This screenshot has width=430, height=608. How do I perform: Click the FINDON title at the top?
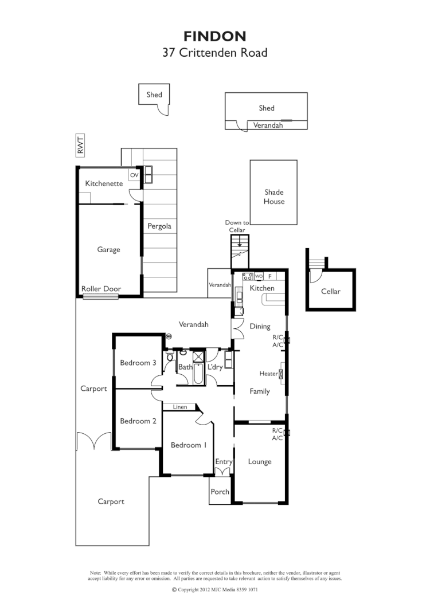(x=215, y=37)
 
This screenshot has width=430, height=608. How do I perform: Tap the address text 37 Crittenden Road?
(x=215, y=53)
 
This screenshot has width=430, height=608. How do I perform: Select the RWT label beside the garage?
(x=80, y=145)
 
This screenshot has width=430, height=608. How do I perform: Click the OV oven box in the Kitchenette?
(x=134, y=175)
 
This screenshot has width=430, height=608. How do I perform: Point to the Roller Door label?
(x=101, y=289)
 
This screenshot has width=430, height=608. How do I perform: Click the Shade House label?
(x=273, y=197)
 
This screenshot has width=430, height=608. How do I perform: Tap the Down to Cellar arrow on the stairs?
(x=240, y=242)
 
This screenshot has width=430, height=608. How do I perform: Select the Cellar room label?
(x=330, y=291)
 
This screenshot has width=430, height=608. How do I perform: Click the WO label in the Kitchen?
(x=259, y=276)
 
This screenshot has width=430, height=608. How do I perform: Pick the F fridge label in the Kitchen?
(x=270, y=276)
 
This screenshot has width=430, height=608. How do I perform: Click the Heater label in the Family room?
(x=268, y=374)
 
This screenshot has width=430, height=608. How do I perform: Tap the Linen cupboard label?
(x=179, y=407)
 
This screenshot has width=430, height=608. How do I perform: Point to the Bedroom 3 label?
(x=138, y=362)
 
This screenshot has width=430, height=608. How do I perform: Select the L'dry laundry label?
(x=215, y=367)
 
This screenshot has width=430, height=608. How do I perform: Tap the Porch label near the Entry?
(x=220, y=492)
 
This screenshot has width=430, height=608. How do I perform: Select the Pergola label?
(x=159, y=226)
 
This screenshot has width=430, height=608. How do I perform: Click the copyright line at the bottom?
(x=215, y=590)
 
